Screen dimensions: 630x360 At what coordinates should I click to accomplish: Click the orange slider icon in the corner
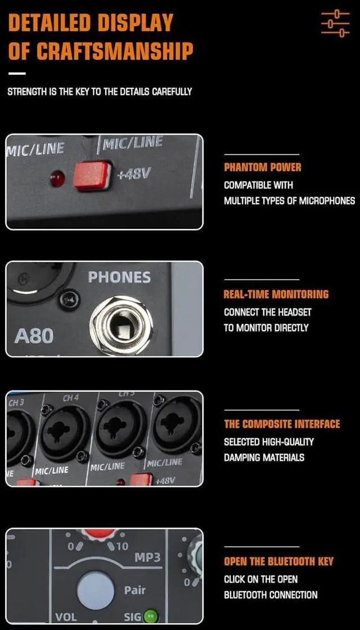[x=335, y=23]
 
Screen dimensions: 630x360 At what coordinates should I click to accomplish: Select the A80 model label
[x=34, y=336]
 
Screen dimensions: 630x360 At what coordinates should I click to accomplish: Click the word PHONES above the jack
[x=119, y=277]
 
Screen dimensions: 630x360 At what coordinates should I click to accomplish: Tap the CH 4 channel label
[x=71, y=398]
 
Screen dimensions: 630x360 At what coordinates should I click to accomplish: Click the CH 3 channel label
[x=16, y=403]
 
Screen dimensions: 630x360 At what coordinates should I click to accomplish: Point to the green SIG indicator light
[x=150, y=616]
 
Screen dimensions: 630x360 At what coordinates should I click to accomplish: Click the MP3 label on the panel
[x=147, y=557]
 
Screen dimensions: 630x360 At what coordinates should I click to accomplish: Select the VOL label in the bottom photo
[x=66, y=617]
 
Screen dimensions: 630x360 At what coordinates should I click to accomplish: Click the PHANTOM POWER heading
[x=263, y=167]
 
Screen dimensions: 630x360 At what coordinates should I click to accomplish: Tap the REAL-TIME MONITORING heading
[x=276, y=294]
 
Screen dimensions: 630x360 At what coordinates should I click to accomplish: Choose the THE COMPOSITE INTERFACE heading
[x=282, y=424]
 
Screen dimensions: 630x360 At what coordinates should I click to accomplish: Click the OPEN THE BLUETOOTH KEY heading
[x=278, y=561]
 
